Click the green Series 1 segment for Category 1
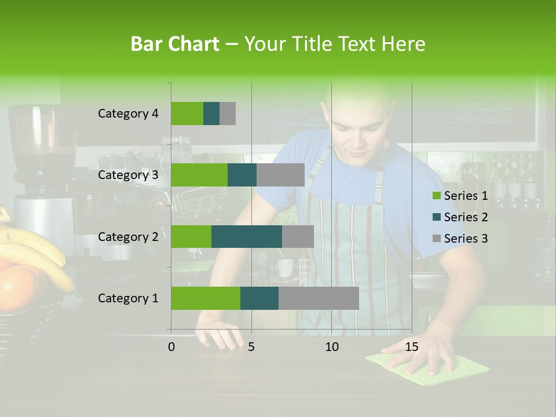(x=206, y=298)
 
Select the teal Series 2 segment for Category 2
(x=247, y=237)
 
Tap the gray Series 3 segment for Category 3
(x=280, y=175)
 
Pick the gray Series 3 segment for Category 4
(x=228, y=114)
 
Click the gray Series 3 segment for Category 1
(x=319, y=298)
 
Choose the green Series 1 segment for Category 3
(x=199, y=175)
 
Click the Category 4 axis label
(x=128, y=114)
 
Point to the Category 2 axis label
(x=128, y=237)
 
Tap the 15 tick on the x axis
(x=411, y=347)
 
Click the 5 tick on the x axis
(x=251, y=347)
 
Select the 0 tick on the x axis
(x=171, y=347)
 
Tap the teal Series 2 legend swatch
(x=436, y=217)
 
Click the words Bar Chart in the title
(x=175, y=44)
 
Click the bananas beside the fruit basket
(x=35, y=249)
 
